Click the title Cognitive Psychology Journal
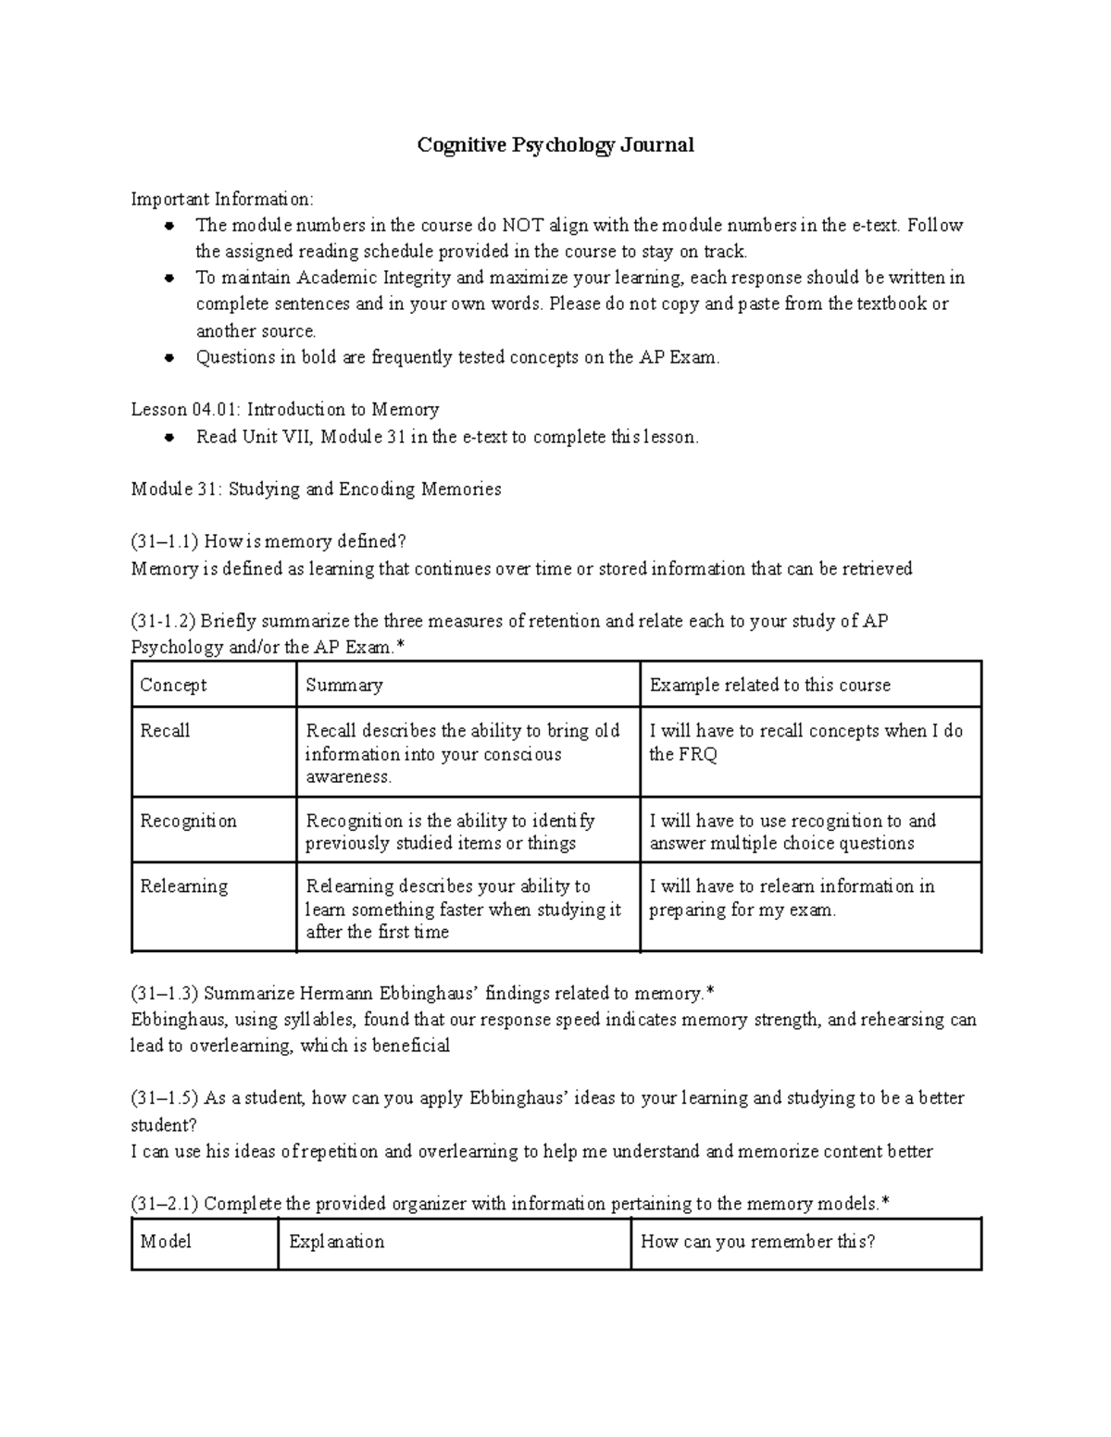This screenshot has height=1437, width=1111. coord(555,145)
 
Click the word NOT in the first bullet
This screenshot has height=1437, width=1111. coord(523,225)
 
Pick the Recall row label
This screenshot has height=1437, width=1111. coord(165,731)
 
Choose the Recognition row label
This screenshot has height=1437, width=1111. coord(188,821)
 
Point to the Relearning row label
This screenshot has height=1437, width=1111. coord(183,886)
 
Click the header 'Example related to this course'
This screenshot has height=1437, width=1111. coord(769,685)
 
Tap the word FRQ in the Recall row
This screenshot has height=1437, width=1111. coord(697,754)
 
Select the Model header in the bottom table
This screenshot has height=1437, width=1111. coord(166,1242)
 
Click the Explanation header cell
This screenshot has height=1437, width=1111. coord(336,1242)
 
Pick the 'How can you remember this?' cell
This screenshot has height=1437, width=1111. coord(757,1242)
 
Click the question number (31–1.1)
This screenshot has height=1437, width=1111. coord(165,541)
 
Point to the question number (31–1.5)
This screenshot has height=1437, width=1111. coord(165,1098)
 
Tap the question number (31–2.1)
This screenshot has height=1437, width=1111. coord(165,1204)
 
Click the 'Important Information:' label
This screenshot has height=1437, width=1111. coord(222,199)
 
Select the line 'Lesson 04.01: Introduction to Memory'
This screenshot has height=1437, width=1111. coord(285,409)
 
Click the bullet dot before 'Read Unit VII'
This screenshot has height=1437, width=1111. coord(169,438)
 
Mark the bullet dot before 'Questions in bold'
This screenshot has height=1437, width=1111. coord(169,358)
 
